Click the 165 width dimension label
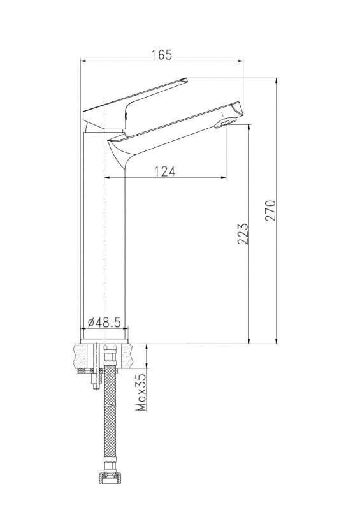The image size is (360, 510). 161,55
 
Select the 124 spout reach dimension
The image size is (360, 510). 164,171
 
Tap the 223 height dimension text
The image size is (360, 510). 243,233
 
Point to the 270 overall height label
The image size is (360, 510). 270,211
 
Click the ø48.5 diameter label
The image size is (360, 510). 104,323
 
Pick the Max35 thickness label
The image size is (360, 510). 140,392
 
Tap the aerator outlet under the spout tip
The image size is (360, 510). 224,123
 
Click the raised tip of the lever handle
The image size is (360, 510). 184,80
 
